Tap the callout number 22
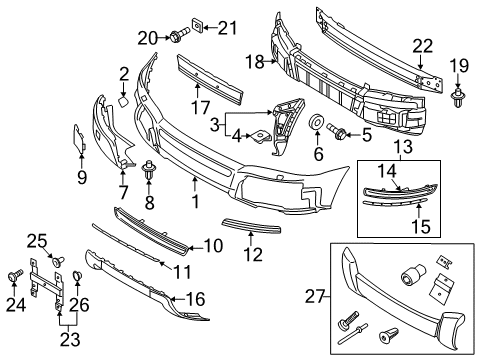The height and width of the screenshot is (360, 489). pyautogui.click(x=423, y=44)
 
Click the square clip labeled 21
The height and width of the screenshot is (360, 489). pyautogui.click(x=198, y=26)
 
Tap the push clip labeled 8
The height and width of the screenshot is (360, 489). pyautogui.click(x=152, y=170)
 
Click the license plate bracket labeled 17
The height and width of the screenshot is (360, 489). pyautogui.click(x=210, y=77)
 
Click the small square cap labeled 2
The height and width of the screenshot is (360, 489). pyautogui.click(x=119, y=100)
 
